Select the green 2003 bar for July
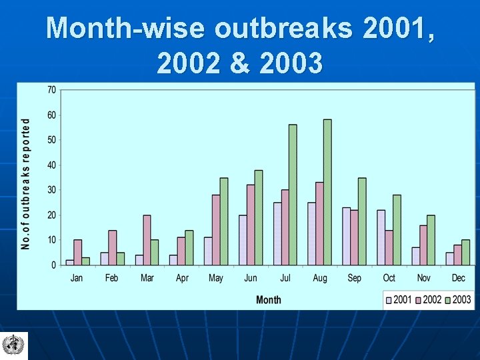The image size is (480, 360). pyautogui.click(x=293, y=195)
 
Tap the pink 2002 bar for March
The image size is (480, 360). pyautogui.click(x=147, y=240)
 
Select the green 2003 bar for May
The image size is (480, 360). pyautogui.click(x=224, y=221)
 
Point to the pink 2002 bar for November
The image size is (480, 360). pyautogui.click(x=423, y=245)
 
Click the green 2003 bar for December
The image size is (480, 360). pyautogui.click(x=465, y=252)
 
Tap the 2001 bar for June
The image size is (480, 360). pyautogui.click(x=243, y=240)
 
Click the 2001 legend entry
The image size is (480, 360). pyautogui.click(x=399, y=299)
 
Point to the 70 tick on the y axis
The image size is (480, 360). pyautogui.click(x=51, y=90)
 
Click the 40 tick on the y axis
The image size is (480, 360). pyautogui.click(x=51, y=165)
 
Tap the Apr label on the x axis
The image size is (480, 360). pyautogui.click(x=181, y=277)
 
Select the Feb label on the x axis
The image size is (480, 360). pyautogui.click(x=111, y=277)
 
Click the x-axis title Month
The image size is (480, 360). pyautogui.click(x=269, y=300)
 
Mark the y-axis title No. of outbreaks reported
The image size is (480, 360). pyautogui.click(x=26, y=184)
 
